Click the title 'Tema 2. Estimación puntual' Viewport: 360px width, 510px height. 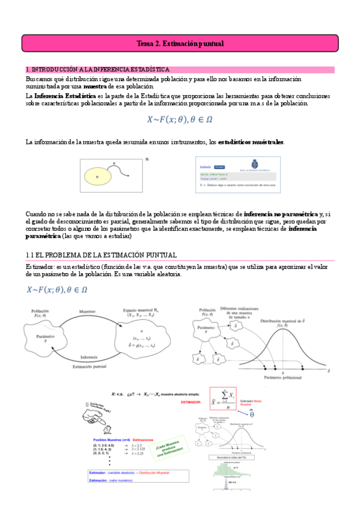pos(180,44)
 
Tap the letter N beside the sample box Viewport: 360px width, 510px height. pos(147,160)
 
